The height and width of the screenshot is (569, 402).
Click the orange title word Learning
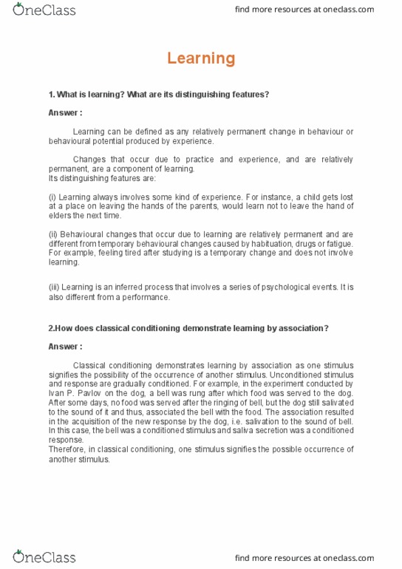[201, 58]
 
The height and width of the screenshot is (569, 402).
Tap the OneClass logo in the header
[44, 10]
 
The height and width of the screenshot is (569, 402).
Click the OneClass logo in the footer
[44, 556]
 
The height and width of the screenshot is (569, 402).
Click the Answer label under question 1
[65, 113]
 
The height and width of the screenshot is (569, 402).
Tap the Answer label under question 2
[65, 347]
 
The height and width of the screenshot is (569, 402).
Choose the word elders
[61, 216]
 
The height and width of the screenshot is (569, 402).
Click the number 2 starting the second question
[51, 328]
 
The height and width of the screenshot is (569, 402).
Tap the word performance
[146, 297]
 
